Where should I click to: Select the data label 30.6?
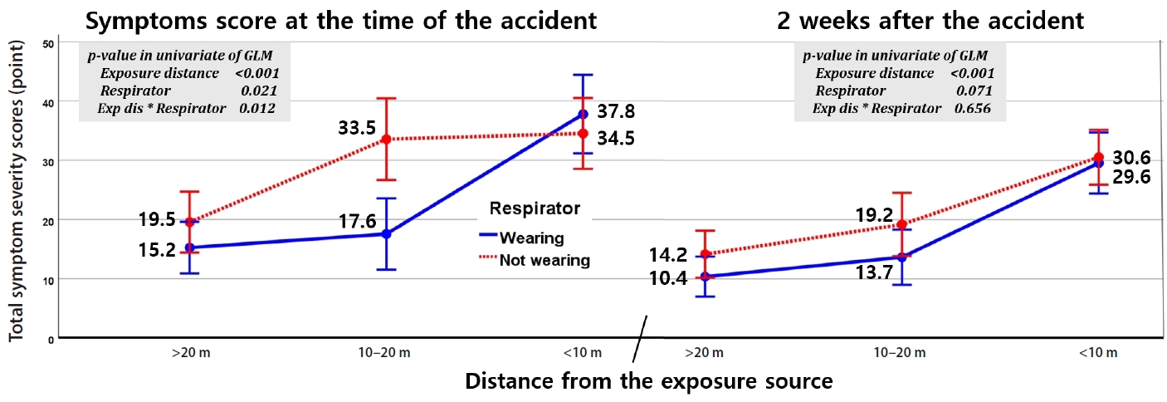click(1130, 158)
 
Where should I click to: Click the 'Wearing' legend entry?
click(531, 238)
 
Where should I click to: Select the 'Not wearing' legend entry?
click(544, 260)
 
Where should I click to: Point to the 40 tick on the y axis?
click(49, 101)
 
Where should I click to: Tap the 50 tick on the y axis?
click(49, 42)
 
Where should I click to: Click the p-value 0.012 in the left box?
click(257, 108)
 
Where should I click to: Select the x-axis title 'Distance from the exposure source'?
click(648, 382)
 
